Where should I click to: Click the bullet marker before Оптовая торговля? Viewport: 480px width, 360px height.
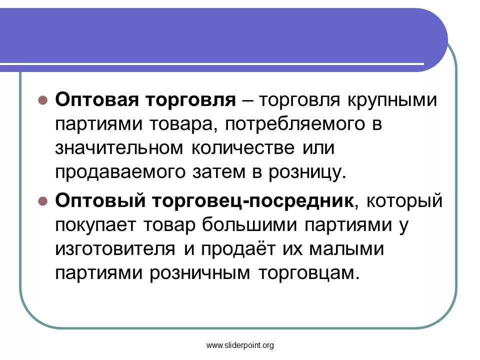pyautogui.click(x=43, y=99)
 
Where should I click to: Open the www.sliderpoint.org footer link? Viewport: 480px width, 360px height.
pyautogui.click(x=240, y=345)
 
